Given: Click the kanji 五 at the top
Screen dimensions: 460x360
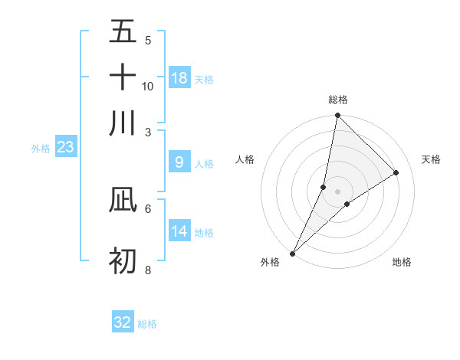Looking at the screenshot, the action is click(x=123, y=32).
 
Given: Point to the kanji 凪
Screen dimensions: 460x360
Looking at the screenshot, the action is click(x=123, y=199).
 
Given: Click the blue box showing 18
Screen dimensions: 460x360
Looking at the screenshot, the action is click(x=179, y=78).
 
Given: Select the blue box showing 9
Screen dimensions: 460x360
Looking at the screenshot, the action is click(x=179, y=162).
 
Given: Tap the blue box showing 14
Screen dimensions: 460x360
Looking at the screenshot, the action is click(x=179, y=231).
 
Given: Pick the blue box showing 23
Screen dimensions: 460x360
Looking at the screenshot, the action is click(x=65, y=147).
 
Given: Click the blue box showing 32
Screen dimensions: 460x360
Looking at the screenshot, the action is click(x=123, y=322).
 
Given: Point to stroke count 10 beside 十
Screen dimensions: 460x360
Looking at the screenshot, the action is click(x=148, y=86).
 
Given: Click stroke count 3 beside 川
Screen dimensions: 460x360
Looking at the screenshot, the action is click(x=148, y=132).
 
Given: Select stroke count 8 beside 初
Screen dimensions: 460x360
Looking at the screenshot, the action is click(x=148, y=270).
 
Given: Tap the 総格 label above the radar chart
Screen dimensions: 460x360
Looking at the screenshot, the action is click(x=338, y=100).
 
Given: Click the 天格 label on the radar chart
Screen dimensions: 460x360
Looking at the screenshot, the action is click(x=432, y=159).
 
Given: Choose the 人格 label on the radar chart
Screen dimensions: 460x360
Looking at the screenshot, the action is click(x=245, y=159).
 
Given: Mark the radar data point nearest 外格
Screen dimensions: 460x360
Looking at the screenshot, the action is click(x=292, y=254).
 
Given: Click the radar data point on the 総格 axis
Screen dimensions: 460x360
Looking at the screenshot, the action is click(x=337, y=116).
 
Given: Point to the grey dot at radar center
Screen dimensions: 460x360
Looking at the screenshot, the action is click(x=338, y=191).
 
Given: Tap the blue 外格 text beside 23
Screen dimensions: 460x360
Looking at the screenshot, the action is click(x=41, y=149).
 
